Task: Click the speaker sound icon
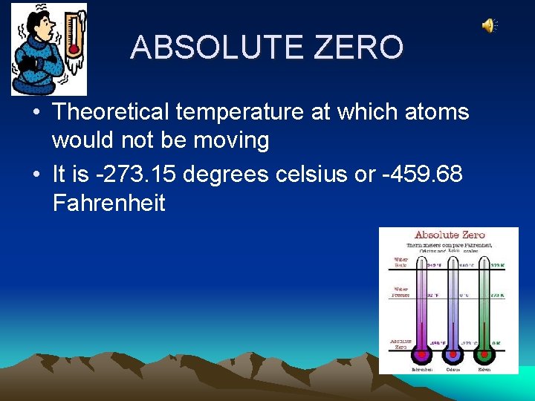coord(488,26)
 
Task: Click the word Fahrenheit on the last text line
coord(109,203)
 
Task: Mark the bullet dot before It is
coord(36,175)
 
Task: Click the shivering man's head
coord(38,30)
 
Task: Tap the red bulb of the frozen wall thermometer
coord(74,49)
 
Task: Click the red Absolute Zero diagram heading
coord(449,235)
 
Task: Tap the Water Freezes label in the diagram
coord(401,293)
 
